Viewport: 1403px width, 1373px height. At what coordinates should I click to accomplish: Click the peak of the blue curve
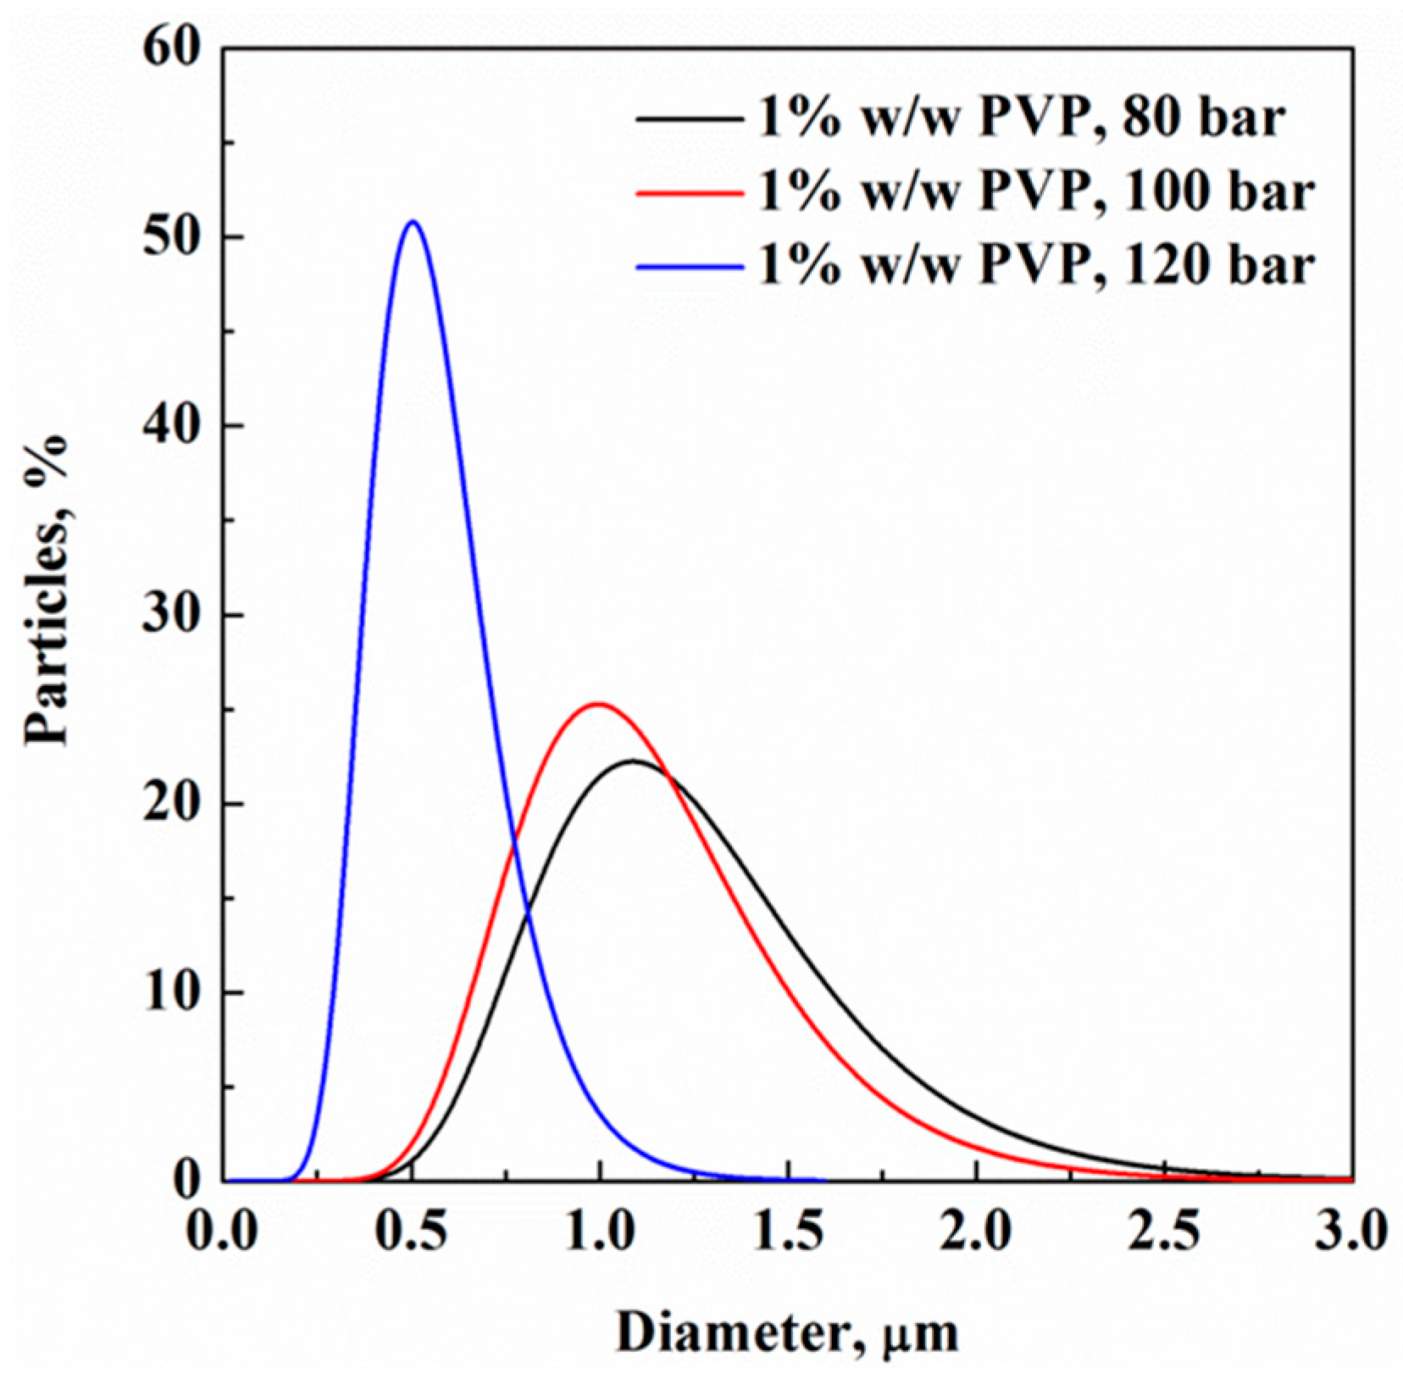tap(413, 222)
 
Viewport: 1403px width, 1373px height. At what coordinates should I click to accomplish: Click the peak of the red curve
tap(598, 704)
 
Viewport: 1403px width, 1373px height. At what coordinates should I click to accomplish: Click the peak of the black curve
tap(632, 761)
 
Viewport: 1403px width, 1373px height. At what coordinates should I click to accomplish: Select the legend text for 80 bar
tap(1020, 119)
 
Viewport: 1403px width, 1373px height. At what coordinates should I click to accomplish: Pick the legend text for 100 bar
tap(1035, 192)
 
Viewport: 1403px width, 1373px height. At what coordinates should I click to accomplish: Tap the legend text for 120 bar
tap(1035, 266)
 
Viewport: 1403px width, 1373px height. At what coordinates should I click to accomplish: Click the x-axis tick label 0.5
tap(413, 1232)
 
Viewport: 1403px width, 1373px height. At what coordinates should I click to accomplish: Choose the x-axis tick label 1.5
tap(789, 1232)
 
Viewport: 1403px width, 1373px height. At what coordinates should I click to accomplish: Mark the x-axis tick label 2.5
tap(1165, 1232)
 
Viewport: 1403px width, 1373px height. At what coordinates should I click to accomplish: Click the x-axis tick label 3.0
tap(1350, 1232)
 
